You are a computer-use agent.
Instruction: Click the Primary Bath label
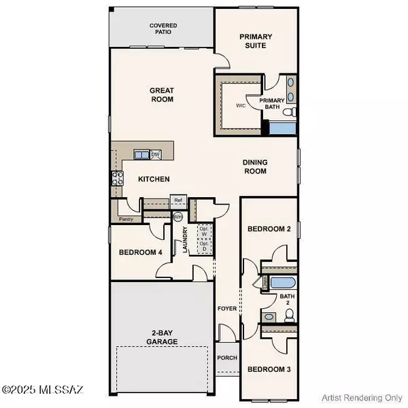(x=269, y=103)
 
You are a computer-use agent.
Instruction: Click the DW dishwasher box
(x=156, y=154)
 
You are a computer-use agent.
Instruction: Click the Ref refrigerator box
(x=179, y=200)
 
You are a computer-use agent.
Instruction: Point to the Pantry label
(x=126, y=219)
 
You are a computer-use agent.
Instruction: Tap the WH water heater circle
(x=178, y=217)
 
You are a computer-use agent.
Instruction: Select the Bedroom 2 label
(x=269, y=229)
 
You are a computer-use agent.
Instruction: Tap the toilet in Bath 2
(x=289, y=314)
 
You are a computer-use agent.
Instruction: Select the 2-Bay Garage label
(x=162, y=338)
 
